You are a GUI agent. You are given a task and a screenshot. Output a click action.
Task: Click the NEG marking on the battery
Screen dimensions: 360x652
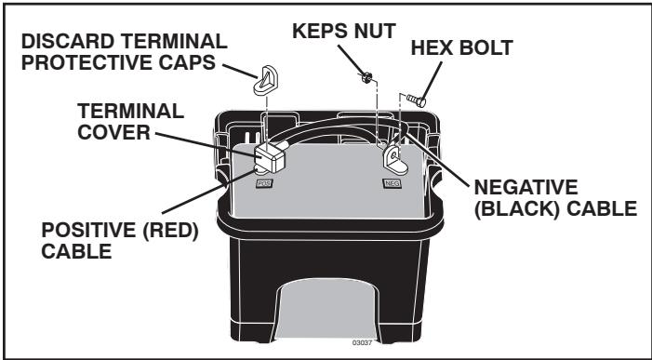point(391,184)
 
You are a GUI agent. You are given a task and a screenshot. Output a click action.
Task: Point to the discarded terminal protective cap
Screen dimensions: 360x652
point(263,80)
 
